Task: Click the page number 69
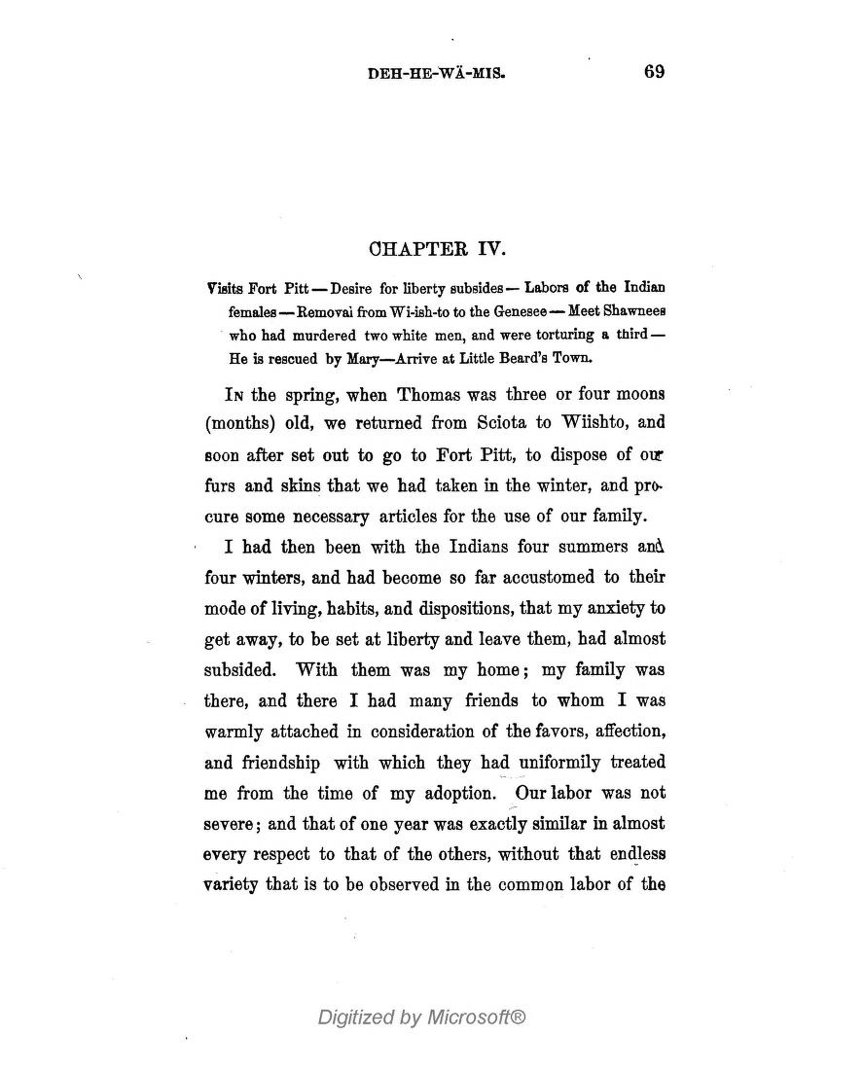(x=654, y=71)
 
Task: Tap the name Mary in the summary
(x=366, y=358)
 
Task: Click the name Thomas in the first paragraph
(x=409, y=394)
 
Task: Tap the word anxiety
(x=611, y=609)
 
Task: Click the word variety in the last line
(x=231, y=886)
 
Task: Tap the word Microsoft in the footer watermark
(x=479, y=1018)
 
